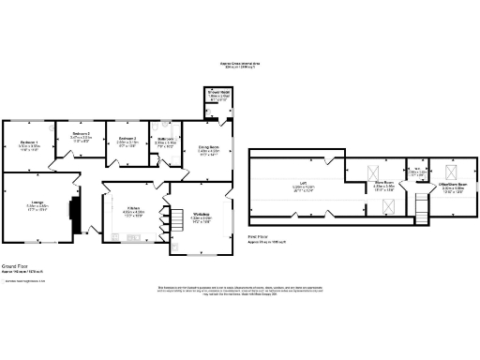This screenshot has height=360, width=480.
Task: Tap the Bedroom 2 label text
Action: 81,134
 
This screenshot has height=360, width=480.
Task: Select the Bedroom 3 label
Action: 127,139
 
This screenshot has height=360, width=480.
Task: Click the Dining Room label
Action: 208,147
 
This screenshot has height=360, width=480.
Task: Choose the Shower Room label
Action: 217,93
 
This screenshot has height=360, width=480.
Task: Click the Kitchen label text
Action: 133,209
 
